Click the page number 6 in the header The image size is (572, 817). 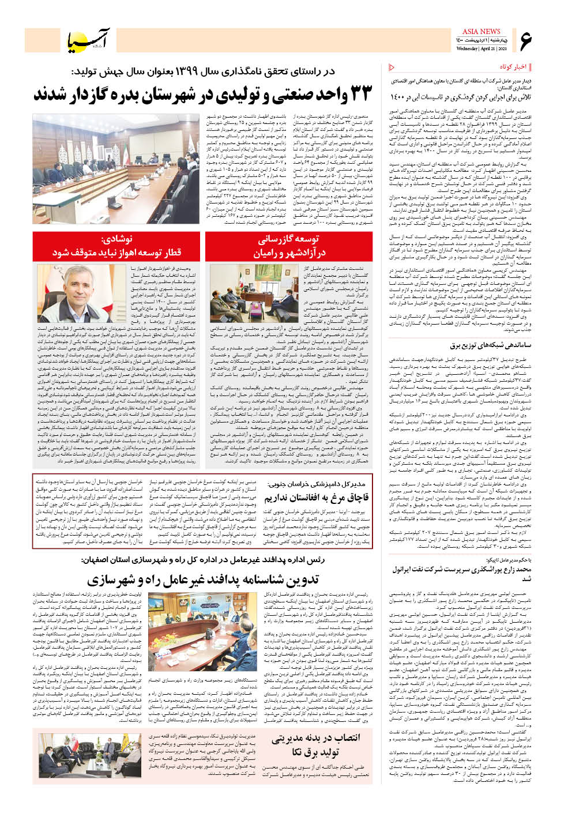point(525,40)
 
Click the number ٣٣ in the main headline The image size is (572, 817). point(356,95)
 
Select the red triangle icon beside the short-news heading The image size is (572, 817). point(393,67)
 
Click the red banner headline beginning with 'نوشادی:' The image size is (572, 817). point(116,246)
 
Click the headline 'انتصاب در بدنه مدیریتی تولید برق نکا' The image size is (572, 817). point(315,745)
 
